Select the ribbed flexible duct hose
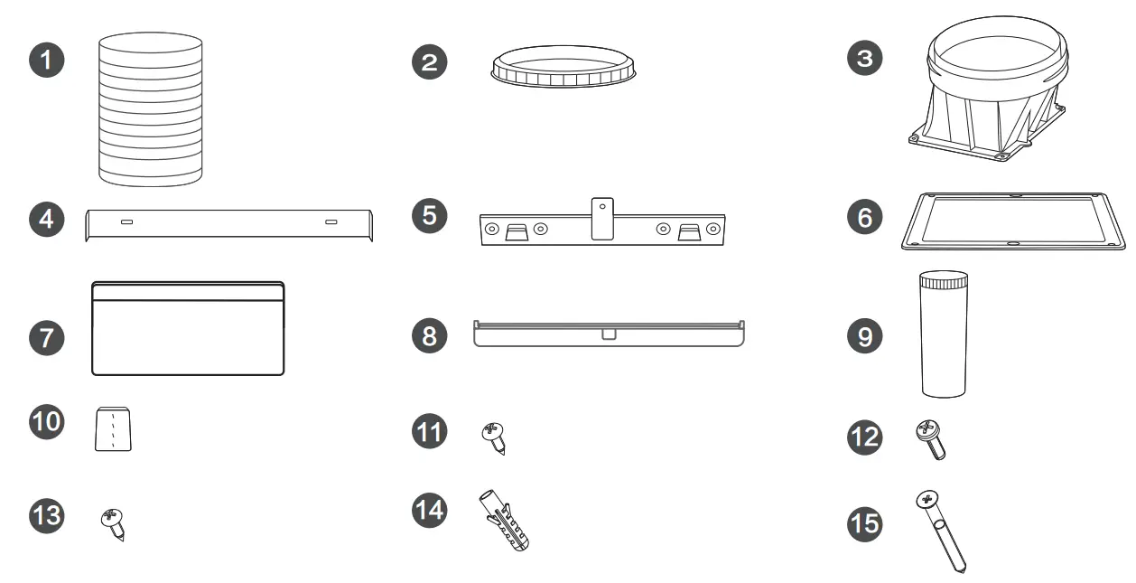[x=149, y=110]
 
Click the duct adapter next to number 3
[x=992, y=99]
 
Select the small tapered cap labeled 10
[x=114, y=428]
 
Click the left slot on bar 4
[x=126, y=221]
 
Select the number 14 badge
[x=430, y=511]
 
